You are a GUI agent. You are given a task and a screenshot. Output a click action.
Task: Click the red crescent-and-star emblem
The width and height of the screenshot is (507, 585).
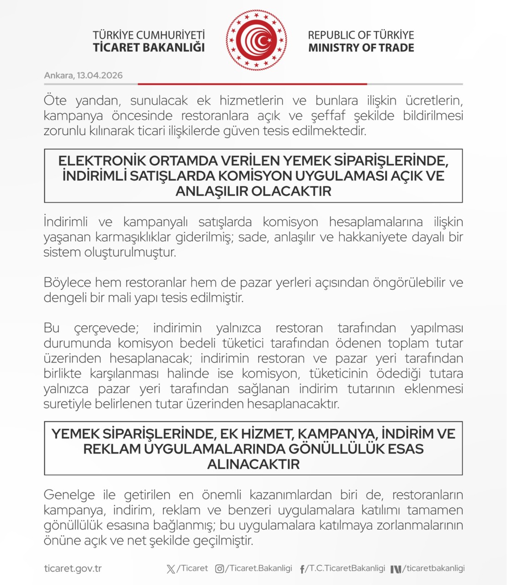[256, 40]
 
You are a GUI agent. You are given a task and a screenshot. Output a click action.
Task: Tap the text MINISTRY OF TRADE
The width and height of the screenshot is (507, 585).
[361, 48]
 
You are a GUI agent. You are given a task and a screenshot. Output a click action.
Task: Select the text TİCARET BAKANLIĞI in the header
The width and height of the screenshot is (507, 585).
[149, 48]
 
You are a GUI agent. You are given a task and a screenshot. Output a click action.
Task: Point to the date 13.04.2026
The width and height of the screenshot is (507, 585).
[100, 75]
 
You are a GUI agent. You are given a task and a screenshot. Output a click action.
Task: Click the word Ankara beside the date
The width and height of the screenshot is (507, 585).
[59, 75]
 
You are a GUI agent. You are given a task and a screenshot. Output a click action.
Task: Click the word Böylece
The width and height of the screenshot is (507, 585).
[67, 282]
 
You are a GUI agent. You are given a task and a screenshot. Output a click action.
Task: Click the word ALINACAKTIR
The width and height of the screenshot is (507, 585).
[253, 464]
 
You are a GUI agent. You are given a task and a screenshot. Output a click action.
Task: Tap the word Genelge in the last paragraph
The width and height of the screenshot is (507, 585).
[69, 495]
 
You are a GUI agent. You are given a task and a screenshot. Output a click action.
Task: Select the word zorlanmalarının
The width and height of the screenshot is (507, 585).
[419, 525]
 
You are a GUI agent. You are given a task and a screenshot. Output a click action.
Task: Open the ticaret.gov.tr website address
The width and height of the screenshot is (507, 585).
[73, 569]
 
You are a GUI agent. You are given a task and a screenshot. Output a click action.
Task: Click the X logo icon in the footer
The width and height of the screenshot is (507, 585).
[171, 569]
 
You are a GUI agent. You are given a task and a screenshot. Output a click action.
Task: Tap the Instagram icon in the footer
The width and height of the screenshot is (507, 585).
[219, 569]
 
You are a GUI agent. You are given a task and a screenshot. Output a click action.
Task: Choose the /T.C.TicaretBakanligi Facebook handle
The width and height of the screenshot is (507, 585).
[347, 569]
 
